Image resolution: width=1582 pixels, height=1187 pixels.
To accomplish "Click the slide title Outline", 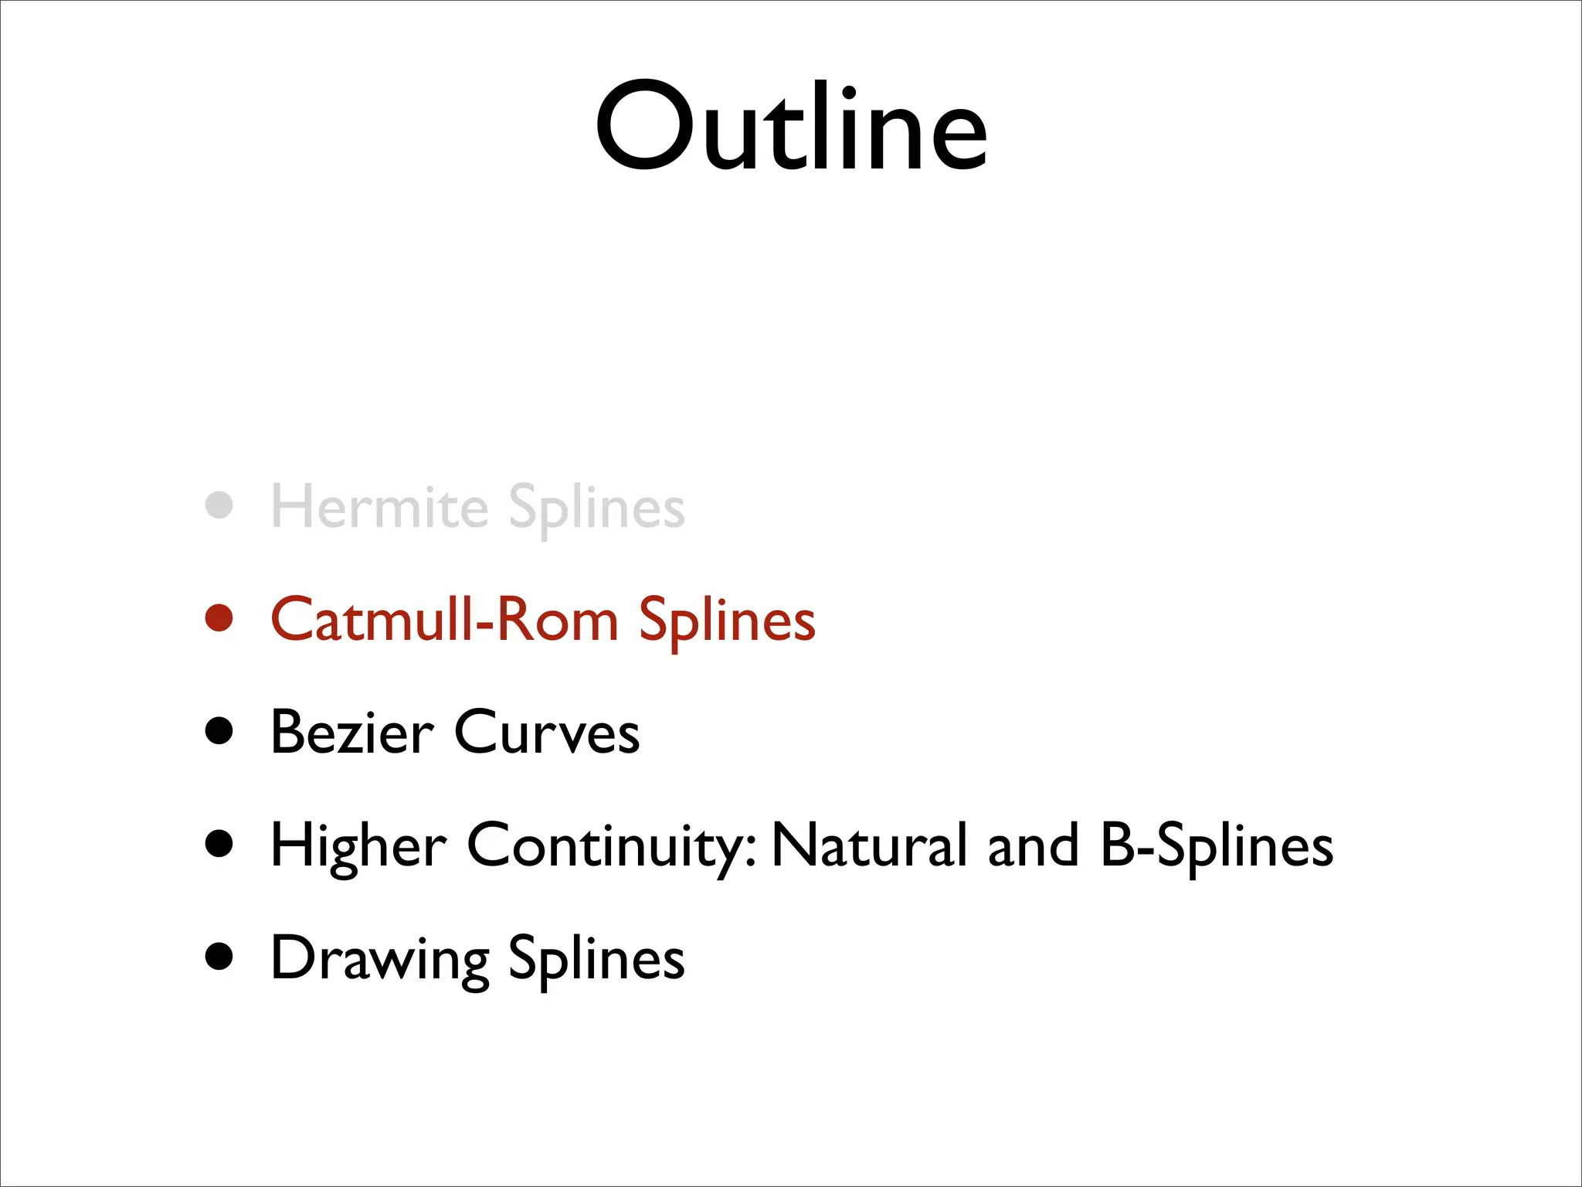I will [791, 128].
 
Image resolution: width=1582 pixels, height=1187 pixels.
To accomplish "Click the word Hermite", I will [379, 508].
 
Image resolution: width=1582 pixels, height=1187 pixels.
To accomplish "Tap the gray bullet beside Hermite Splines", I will [219, 505].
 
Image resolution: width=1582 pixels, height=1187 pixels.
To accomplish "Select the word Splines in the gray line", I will [596, 508].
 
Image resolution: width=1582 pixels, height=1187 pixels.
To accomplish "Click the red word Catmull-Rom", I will [444, 620].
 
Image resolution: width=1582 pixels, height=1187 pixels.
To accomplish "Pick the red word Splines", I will [727, 620].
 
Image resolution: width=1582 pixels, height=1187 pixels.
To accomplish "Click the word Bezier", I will [352, 732].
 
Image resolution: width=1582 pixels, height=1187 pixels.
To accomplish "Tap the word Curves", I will [547, 732].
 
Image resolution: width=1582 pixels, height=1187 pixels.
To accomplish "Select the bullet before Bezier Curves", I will [219, 730].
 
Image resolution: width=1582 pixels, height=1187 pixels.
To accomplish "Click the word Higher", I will [358, 845].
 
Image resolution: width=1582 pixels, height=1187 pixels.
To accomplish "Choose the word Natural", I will [869, 845].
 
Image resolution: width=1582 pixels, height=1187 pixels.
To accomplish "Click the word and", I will [1033, 845].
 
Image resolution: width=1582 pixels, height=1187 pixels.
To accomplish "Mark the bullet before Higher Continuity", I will [219, 843].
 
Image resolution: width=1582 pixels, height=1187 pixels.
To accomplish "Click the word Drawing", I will [379, 958].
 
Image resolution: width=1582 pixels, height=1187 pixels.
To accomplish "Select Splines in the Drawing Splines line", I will [596, 958].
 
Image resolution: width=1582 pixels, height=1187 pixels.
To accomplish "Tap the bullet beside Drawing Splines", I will [219, 956].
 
